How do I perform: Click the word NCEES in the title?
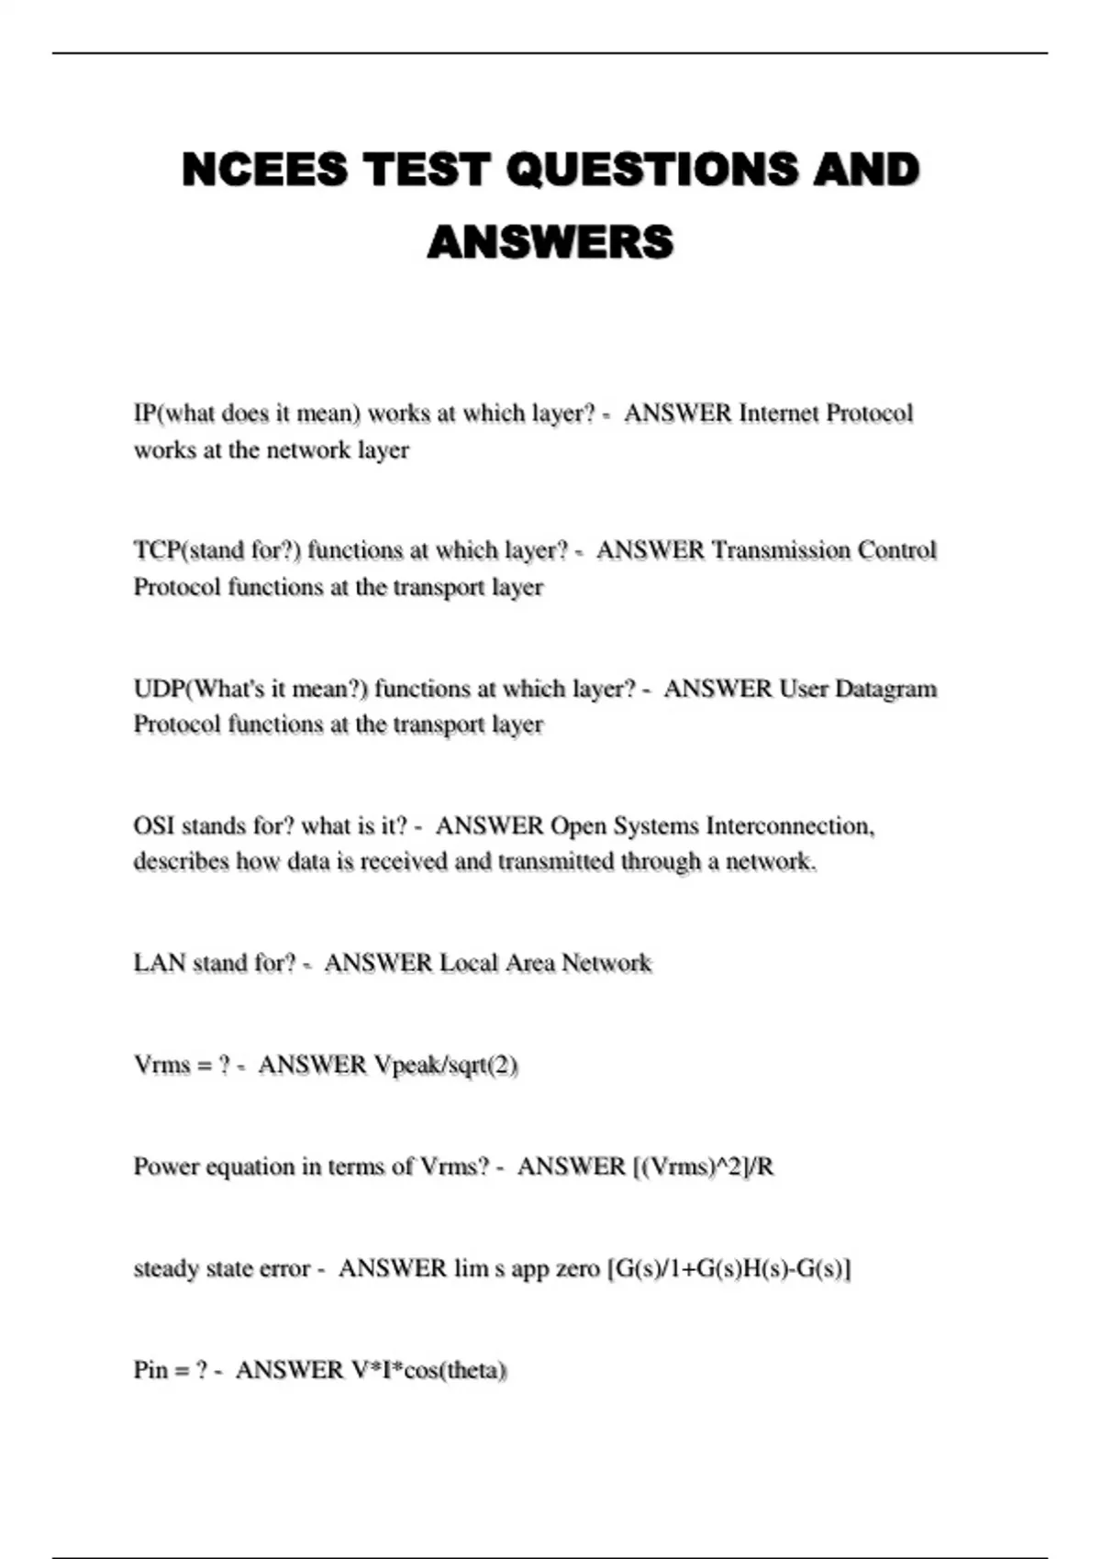265,170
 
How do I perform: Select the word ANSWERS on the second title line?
550,242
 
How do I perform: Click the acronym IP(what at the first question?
172,414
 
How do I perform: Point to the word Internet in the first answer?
778,414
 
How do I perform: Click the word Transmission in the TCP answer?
780,550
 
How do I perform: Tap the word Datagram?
884,689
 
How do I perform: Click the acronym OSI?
153,826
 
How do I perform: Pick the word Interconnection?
789,826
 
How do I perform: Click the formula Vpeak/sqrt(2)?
446,1065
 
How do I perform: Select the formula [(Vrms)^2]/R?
703,1166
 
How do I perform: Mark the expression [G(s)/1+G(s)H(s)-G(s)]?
728,1268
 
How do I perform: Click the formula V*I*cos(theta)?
428,1370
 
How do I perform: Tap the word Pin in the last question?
150,1370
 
